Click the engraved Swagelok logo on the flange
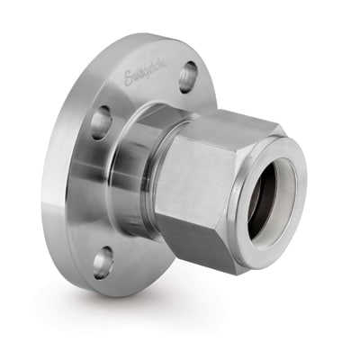[x=145, y=73]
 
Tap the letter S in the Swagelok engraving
[x=130, y=78]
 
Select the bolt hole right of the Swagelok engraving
[x=188, y=76]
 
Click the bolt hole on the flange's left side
[x=101, y=121]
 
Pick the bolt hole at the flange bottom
[x=103, y=262]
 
